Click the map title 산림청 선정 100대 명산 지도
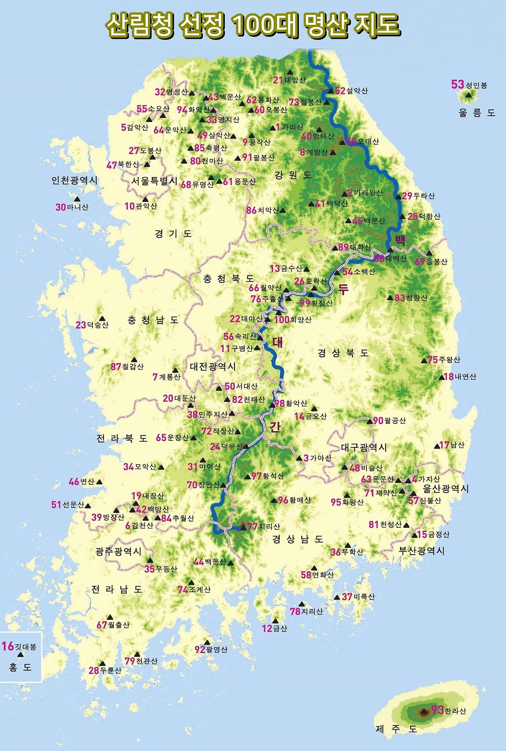click(x=253, y=26)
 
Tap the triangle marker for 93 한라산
click(x=424, y=712)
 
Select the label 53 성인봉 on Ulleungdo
click(x=469, y=85)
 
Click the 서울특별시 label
click(x=155, y=181)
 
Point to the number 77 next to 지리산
click(x=252, y=527)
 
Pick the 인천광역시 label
click(x=74, y=180)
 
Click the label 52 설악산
click(x=351, y=91)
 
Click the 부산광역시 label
click(x=421, y=551)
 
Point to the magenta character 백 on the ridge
click(x=400, y=240)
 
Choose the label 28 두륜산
click(x=105, y=670)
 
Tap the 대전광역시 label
click(x=213, y=367)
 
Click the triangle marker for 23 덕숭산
click(x=102, y=318)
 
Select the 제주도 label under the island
click(x=396, y=729)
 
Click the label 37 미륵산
click(x=358, y=597)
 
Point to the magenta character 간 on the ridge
click(x=275, y=427)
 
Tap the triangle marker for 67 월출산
click(x=110, y=617)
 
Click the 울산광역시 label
click(x=446, y=489)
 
